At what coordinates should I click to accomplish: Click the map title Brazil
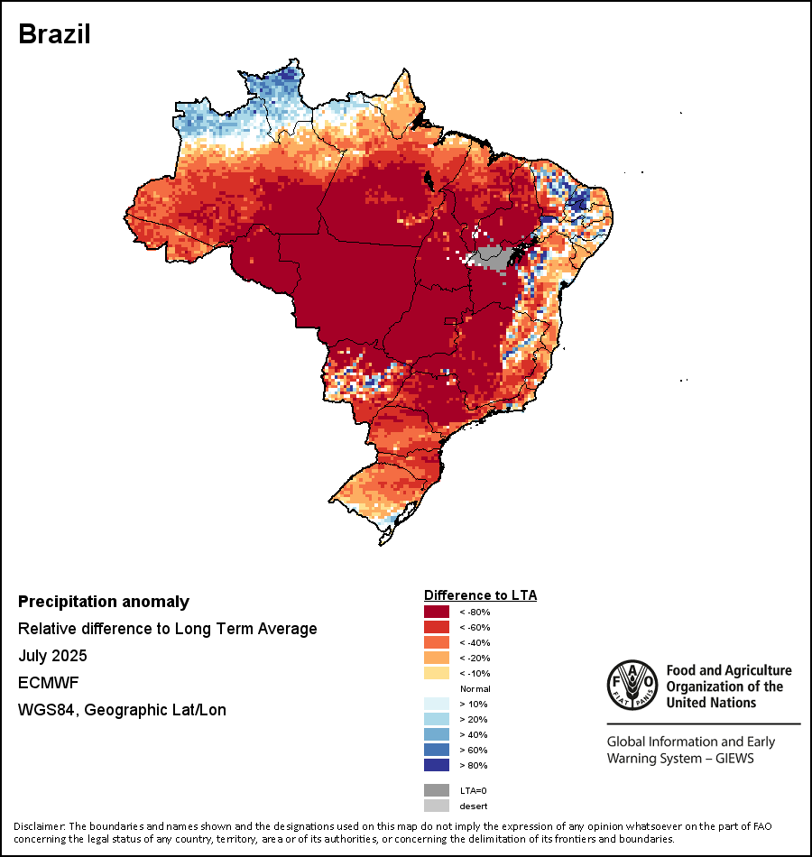coord(54,34)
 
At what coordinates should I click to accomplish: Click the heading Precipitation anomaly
coord(104,602)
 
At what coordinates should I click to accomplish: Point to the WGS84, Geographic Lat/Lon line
coord(122,710)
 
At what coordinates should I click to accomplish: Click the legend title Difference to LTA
coord(480,595)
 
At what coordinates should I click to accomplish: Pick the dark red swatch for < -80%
coord(437,613)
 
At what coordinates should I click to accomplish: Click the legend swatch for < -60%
coord(437,628)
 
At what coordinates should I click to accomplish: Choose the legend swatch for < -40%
coord(437,643)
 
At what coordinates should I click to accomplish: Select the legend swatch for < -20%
coord(437,659)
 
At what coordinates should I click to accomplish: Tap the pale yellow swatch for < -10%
coord(437,674)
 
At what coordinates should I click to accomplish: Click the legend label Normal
coord(475,689)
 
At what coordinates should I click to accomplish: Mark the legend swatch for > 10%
coord(437,705)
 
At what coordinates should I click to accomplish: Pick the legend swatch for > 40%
coord(437,735)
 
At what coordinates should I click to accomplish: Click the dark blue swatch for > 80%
coord(437,766)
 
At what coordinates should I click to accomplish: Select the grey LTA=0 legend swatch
coord(437,790)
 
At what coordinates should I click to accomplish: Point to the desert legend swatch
coord(437,806)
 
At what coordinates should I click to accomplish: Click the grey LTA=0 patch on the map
coord(493,256)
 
